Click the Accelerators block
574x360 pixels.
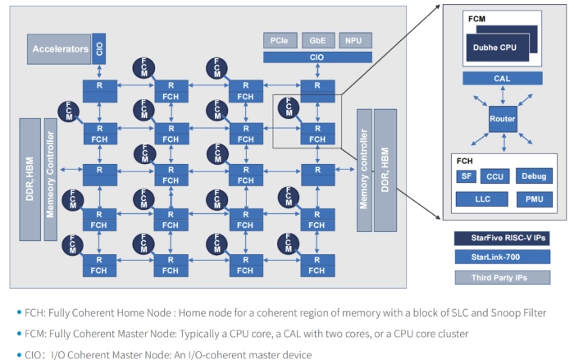coord(60,49)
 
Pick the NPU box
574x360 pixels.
coord(354,40)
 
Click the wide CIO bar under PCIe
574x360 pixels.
coord(317,57)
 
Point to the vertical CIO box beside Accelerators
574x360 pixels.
coord(99,48)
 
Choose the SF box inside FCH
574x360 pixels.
coord(464,175)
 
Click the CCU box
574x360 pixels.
coord(494,175)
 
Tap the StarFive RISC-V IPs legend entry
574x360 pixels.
coord(501,238)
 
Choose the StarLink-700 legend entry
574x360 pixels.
coord(501,257)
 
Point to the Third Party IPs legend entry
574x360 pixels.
coord(501,277)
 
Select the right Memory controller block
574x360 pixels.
coord(365,168)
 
